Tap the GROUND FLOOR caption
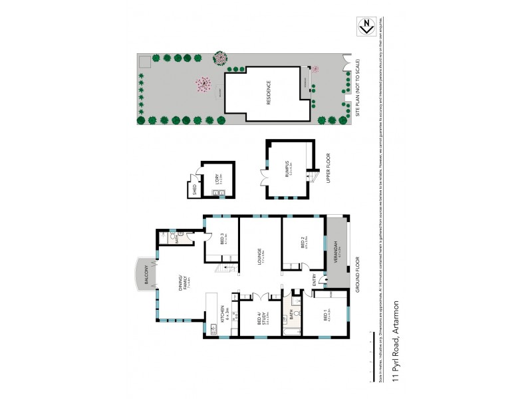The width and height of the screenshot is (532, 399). point(358,273)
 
